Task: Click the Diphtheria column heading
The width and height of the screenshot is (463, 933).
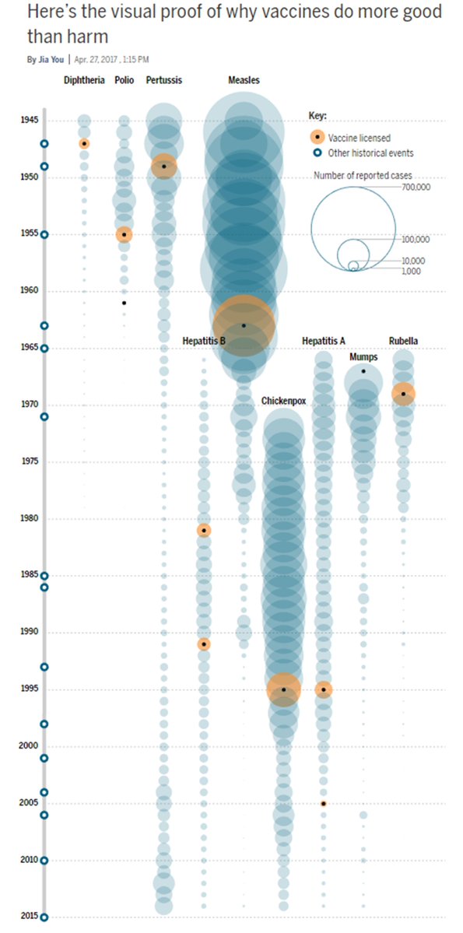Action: tap(84, 80)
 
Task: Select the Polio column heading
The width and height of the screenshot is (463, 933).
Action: tap(124, 80)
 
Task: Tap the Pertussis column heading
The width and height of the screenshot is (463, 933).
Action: tap(163, 80)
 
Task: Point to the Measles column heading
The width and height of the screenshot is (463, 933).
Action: tap(244, 80)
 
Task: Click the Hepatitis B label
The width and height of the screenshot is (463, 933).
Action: tap(204, 341)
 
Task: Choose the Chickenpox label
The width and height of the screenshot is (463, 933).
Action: tap(283, 401)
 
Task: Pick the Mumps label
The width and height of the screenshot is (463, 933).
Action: tap(363, 357)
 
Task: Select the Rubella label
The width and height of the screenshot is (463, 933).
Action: tap(403, 341)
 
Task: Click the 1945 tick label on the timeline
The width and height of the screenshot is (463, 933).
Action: tap(30, 121)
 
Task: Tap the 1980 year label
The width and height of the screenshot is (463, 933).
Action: tap(30, 518)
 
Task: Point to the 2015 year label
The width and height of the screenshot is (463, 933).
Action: tap(30, 916)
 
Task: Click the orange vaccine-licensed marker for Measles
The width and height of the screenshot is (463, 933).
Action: tap(244, 325)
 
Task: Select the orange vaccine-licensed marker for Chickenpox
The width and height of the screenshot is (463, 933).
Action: tap(283, 689)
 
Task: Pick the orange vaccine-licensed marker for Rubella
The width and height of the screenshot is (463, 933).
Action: tap(403, 394)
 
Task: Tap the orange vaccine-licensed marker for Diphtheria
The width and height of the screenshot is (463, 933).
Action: tap(84, 143)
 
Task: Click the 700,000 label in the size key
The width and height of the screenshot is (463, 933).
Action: tap(416, 187)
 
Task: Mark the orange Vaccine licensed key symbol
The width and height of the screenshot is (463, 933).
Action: tap(317, 137)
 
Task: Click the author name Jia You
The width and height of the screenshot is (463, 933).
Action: tap(51, 59)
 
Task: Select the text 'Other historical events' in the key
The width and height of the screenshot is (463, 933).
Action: tap(370, 153)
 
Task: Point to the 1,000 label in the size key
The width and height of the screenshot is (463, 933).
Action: tap(411, 271)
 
